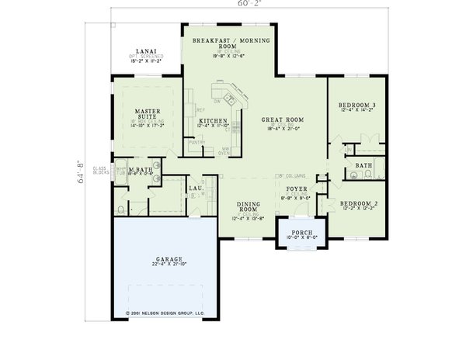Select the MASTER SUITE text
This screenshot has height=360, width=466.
145,112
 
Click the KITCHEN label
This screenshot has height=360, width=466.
212,122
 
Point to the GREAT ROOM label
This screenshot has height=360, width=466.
282,119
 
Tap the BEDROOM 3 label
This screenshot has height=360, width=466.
357,105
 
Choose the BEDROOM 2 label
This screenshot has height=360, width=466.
358,203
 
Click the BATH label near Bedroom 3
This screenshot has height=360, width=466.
363,165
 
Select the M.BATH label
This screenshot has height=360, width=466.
140,170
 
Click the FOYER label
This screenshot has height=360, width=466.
297,189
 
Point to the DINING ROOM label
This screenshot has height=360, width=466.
248,206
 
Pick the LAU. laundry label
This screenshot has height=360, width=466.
196,188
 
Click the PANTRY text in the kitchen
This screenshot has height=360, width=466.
196,143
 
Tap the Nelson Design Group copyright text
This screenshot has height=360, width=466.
165,314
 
